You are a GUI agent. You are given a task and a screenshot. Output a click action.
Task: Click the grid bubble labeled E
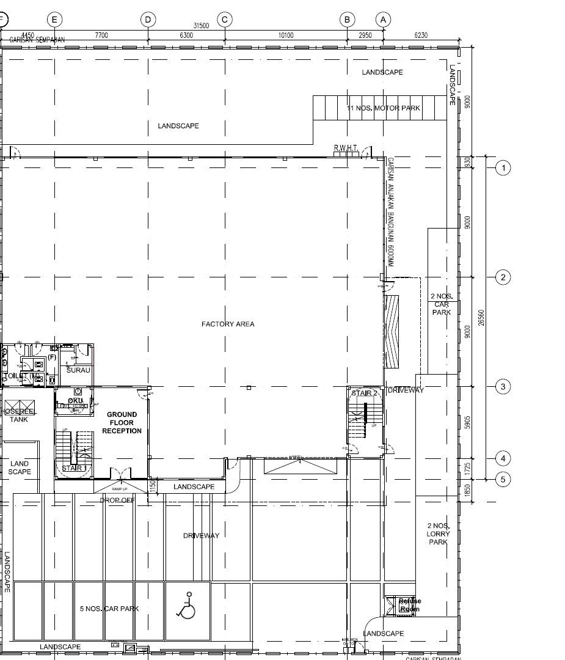[x=54, y=20]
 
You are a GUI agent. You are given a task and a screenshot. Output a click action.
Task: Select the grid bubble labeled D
[x=148, y=20]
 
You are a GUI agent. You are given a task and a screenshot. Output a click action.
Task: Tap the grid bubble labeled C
[x=225, y=20]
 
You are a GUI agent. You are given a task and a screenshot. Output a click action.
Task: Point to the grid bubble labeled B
[x=347, y=20]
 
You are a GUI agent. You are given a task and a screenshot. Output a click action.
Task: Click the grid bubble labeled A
[x=383, y=20]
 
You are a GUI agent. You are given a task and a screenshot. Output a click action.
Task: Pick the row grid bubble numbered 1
[x=503, y=167]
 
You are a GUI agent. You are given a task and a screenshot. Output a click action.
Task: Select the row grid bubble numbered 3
[x=503, y=386]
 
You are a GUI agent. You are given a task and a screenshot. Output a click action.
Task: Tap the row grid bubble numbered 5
[x=503, y=479]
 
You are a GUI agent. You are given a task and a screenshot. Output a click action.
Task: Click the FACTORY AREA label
[x=228, y=324]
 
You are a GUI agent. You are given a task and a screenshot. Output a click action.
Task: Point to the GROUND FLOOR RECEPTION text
[x=122, y=422]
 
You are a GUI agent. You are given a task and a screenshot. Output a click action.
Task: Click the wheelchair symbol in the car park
[x=187, y=605]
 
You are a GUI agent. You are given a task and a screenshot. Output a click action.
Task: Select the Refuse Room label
[x=409, y=605]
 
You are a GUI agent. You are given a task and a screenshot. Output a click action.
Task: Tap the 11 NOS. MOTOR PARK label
[x=384, y=108]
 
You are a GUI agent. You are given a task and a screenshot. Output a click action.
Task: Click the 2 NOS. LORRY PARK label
[x=438, y=533]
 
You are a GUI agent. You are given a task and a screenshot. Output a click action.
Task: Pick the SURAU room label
[x=78, y=370]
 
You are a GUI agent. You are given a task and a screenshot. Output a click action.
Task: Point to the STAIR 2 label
[x=365, y=393]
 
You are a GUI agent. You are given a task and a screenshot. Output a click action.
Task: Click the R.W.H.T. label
[x=346, y=148]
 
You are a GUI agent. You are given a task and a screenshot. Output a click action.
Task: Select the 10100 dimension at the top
[x=286, y=35]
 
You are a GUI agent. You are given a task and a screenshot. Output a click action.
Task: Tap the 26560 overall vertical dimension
[x=481, y=318]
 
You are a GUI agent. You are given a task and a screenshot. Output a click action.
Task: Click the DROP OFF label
[x=117, y=500]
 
